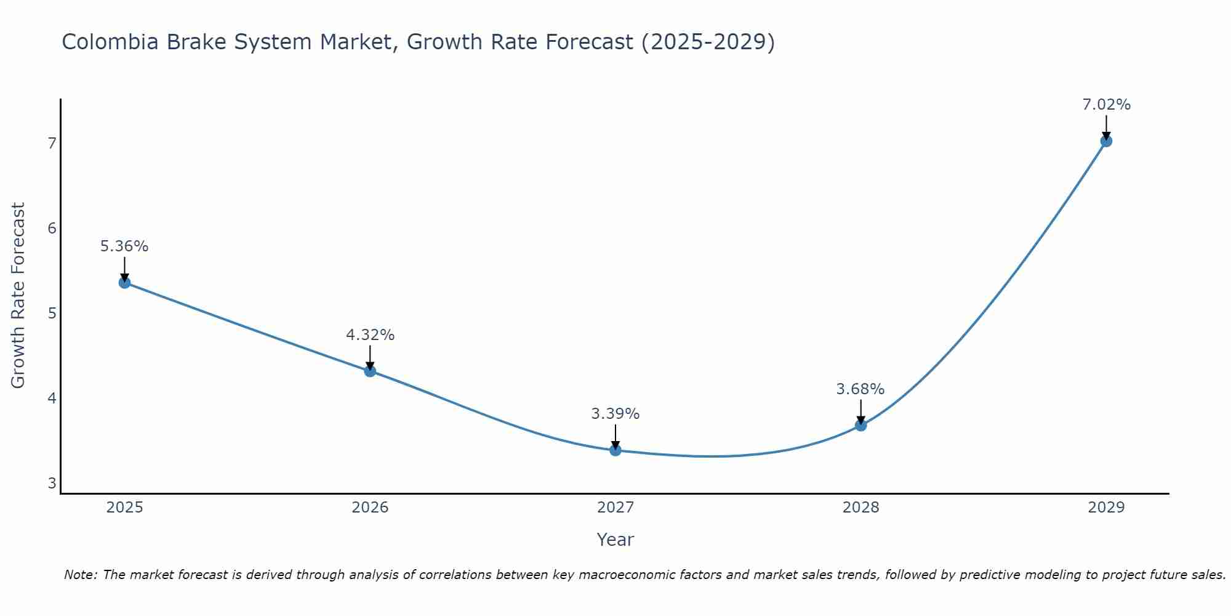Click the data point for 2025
click(x=124, y=283)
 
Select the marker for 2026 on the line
click(x=370, y=371)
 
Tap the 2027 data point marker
click(x=615, y=450)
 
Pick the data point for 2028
click(x=860, y=425)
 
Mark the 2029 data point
click(x=1106, y=141)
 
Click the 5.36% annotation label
click(x=124, y=246)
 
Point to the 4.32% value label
click(x=370, y=335)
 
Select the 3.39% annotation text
click(x=615, y=414)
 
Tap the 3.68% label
click(x=860, y=389)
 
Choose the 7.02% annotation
click(x=1106, y=105)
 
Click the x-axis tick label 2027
click(x=615, y=508)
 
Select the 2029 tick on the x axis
click(x=1106, y=508)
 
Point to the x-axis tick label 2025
click(x=124, y=508)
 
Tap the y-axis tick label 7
click(x=52, y=143)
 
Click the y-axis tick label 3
click(x=52, y=483)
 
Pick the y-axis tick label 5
click(x=52, y=313)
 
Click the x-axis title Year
click(x=615, y=540)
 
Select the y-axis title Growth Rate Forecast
click(x=18, y=296)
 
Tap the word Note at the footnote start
click(x=80, y=575)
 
